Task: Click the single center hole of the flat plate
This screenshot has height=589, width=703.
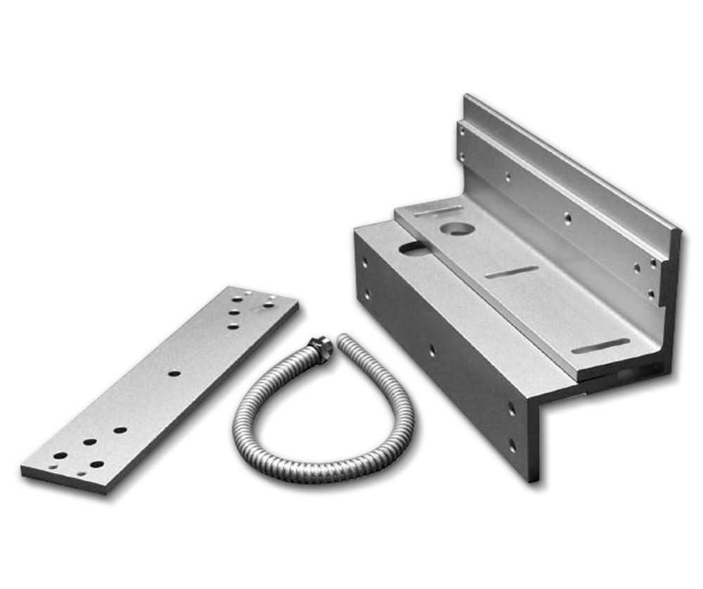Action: point(174,373)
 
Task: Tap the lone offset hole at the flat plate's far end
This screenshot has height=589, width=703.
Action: point(269,304)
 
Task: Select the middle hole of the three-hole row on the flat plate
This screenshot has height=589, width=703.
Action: point(234,312)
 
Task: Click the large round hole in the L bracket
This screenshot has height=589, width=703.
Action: point(458,229)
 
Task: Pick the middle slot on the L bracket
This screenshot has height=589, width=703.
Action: point(512,272)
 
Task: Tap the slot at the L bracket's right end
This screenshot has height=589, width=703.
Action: point(600,346)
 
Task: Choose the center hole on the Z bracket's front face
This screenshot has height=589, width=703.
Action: point(432,350)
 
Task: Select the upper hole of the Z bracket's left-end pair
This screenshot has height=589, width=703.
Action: point(365,262)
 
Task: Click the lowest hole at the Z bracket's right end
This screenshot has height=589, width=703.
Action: point(512,445)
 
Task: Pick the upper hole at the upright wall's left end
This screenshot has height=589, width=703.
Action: point(461,131)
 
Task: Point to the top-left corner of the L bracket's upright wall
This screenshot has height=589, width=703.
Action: point(465,96)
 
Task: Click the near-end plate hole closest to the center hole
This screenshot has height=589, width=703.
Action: point(120,429)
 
